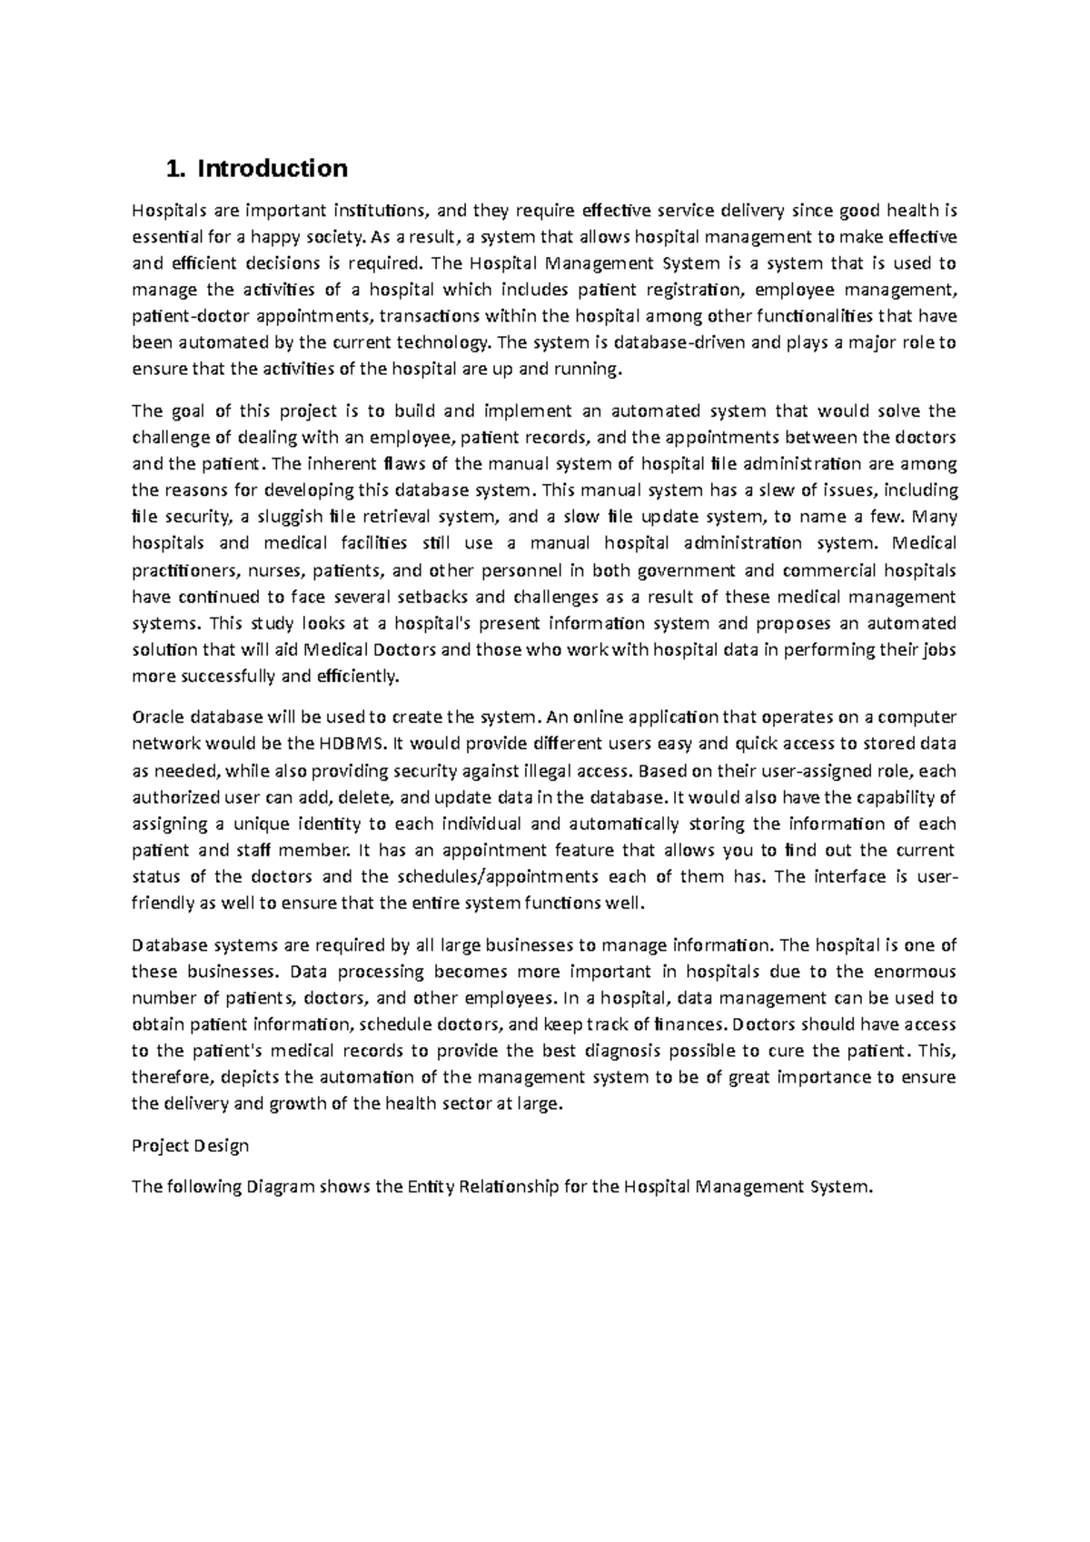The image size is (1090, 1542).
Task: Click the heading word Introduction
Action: pos(272,169)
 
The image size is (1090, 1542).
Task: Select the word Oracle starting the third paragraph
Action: pos(156,717)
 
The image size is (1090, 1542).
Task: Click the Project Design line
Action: pos(190,1146)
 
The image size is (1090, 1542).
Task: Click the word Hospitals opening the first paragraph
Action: pos(170,212)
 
